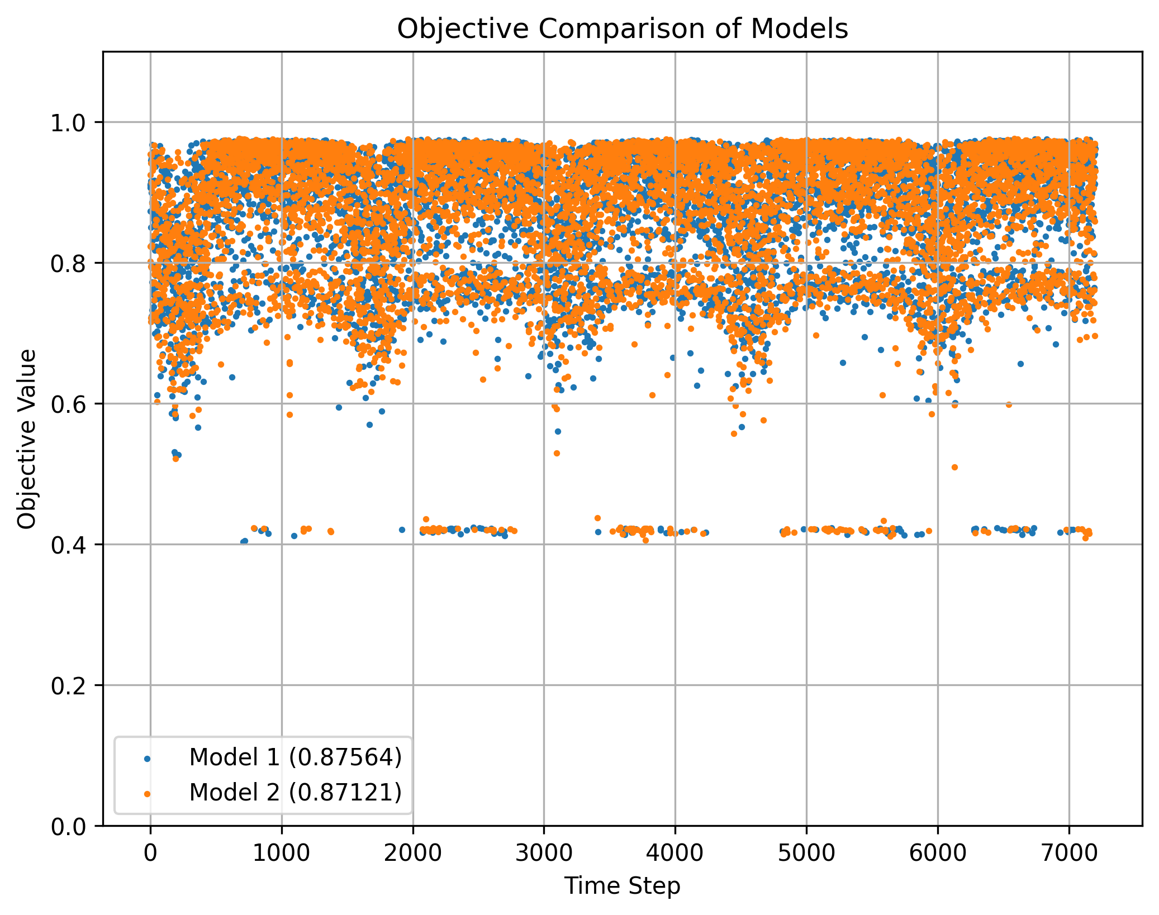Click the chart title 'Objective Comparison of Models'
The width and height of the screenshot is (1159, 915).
622,29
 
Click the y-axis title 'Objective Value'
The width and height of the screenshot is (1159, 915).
27,439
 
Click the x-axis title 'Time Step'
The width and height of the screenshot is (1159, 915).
622,886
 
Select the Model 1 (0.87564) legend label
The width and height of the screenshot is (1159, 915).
296,757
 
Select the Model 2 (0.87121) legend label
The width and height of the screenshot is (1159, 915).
296,792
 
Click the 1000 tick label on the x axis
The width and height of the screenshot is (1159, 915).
282,853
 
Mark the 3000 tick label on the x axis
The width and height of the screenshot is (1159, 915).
544,853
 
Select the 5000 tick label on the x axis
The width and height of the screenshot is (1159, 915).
806,853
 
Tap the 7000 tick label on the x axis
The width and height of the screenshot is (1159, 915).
1069,853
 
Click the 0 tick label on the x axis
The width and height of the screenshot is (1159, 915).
150,853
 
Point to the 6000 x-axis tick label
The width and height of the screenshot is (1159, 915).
938,853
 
